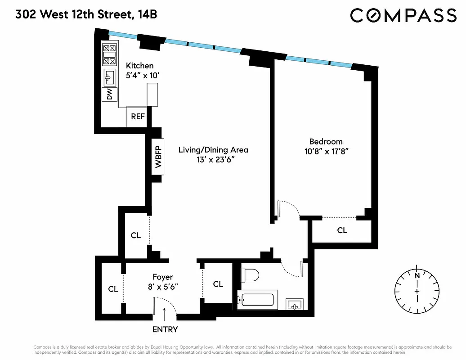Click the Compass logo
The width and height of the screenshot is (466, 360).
tap(403, 15)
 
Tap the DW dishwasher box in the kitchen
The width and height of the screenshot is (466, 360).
tap(109, 94)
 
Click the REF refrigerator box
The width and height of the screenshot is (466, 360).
tap(138, 117)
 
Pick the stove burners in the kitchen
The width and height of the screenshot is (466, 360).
tap(110, 55)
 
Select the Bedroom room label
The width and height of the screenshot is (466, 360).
tap(325, 141)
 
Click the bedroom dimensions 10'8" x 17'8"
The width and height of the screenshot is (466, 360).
tap(325, 152)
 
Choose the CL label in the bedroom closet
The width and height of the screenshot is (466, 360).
tap(342, 230)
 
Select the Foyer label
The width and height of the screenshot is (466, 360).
tap(162, 277)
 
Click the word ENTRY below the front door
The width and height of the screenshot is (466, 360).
tap(165, 329)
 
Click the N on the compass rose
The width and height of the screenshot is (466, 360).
tap(417, 275)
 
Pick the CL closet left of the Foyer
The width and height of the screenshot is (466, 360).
tap(113, 289)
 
